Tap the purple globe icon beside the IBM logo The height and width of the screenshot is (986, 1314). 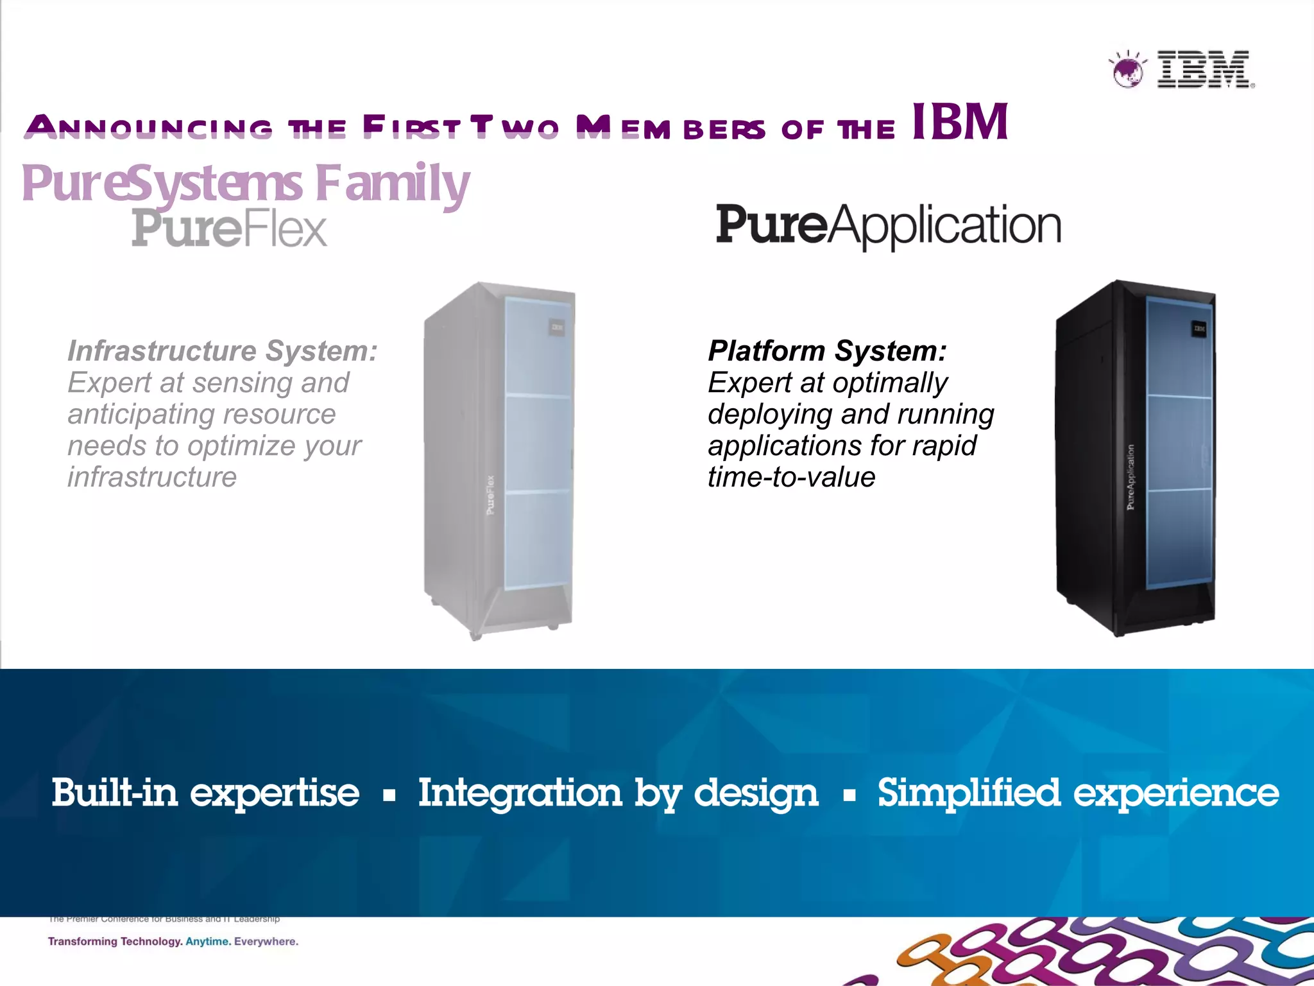(1127, 71)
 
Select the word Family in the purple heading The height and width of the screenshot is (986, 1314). (393, 184)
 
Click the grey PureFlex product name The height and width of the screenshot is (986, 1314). (230, 229)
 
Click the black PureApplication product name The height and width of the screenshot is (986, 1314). (888, 226)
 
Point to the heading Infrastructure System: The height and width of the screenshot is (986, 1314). (223, 351)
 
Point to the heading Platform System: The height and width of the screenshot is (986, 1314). (827, 351)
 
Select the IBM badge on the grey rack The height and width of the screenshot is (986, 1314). (556, 329)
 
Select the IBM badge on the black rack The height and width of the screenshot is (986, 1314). (1199, 329)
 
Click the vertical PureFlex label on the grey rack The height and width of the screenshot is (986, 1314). (490, 495)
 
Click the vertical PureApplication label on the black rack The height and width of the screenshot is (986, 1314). (1131, 478)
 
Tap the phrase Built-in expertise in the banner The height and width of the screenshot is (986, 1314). (205, 793)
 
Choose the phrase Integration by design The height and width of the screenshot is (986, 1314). (618, 793)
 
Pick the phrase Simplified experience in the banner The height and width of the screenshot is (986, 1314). (1078, 793)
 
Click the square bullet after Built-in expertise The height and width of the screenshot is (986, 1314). (389, 796)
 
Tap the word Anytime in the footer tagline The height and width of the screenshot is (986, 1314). (207, 942)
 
